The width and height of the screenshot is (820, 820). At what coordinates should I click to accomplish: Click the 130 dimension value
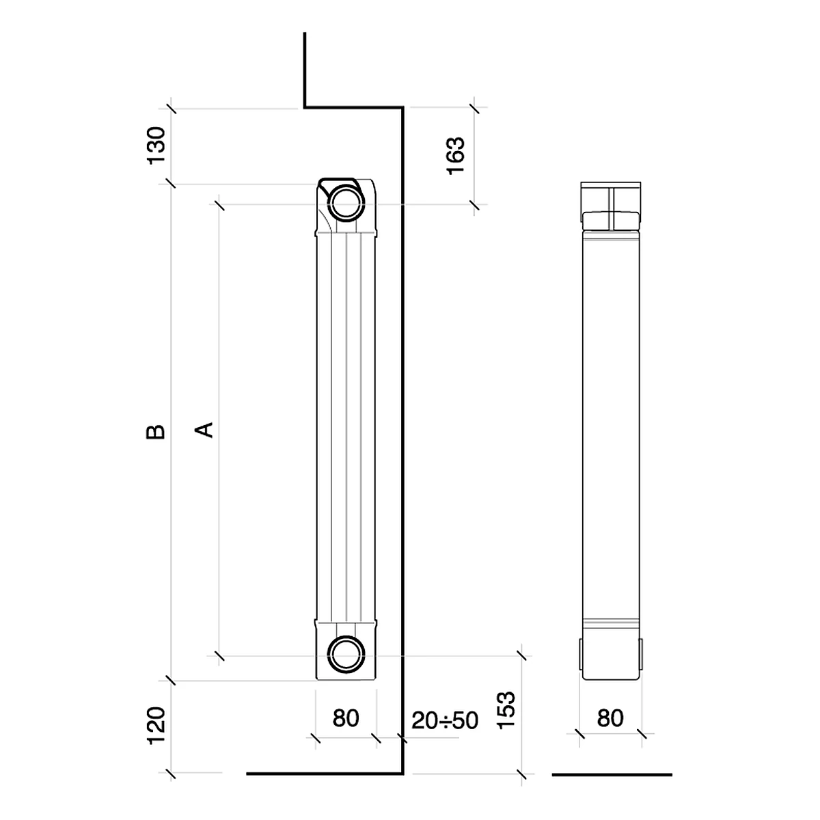click(x=156, y=145)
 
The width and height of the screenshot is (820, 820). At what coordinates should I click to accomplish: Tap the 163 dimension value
click(x=455, y=156)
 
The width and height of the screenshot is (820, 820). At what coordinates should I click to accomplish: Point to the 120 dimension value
click(x=156, y=726)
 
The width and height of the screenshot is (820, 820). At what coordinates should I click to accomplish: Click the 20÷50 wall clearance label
click(x=445, y=720)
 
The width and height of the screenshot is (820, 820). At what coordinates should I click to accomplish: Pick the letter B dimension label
click(x=156, y=431)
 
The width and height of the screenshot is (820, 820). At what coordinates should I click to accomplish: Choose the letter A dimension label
click(x=204, y=430)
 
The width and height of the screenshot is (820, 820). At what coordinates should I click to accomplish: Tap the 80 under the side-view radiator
click(x=610, y=718)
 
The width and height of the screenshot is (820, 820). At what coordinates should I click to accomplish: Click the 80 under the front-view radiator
click(x=346, y=718)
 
